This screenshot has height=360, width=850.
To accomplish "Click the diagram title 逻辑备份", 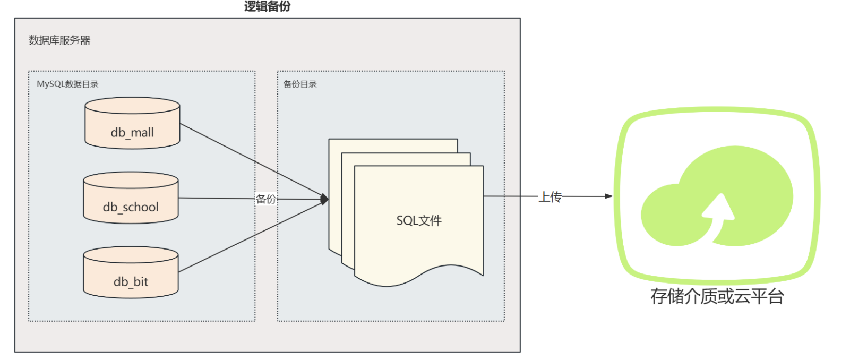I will (267, 6).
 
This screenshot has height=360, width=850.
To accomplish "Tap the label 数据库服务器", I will (59, 40).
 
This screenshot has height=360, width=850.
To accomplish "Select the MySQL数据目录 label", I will (67, 84).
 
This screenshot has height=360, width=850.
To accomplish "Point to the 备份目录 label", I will (300, 84).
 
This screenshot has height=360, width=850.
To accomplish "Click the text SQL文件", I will (419, 220).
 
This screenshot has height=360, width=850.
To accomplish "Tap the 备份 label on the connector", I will (266, 199).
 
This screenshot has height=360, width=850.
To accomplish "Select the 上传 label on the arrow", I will (550, 197).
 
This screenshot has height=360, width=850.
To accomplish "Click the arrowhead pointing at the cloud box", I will (608, 196).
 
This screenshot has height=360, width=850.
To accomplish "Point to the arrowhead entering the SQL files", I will (325, 200).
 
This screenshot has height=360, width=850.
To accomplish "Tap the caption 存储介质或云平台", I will (717, 296).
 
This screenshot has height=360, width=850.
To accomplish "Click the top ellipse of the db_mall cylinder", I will (132, 106).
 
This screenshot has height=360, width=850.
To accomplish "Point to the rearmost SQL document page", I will (393, 145).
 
